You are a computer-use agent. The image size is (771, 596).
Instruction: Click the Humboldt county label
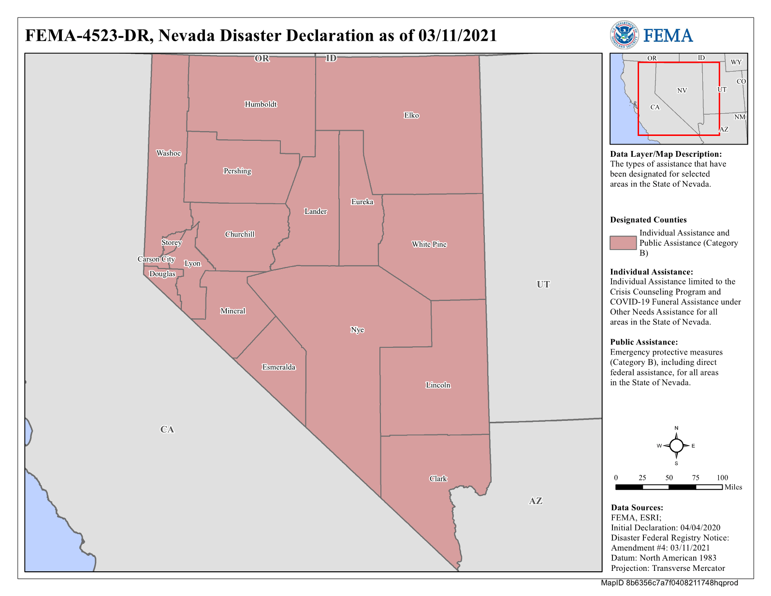pyautogui.click(x=261, y=104)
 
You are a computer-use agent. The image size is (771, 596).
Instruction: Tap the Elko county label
pyautogui.click(x=411, y=115)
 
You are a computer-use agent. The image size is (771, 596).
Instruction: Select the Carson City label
pyautogui.click(x=156, y=259)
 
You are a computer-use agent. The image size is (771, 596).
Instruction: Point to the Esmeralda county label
pyautogui.click(x=278, y=367)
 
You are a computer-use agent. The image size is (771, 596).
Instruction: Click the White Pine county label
pyautogui.click(x=429, y=244)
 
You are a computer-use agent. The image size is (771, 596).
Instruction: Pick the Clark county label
pyautogui.click(x=438, y=478)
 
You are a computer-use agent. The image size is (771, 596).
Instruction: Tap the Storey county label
pyautogui.click(x=172, y=242)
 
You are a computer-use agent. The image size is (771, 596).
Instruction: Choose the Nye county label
pyautogui.click(x=357, y=330)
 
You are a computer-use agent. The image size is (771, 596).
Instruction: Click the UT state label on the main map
pyautogui.click(x=543, y=284)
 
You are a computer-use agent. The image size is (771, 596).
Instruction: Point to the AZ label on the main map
pyautogui.click(x=536, y=501)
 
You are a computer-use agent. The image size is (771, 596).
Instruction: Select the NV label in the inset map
pyautogui.click(x=682, y=90)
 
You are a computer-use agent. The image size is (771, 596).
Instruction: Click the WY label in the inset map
pyautogui.click(x=736, y=62)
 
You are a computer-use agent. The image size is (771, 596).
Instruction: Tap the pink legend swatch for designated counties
pyautogui.click(x=623, y=243)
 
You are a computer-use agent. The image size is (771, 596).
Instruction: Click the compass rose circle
pyautogui.click(x=676, y=446)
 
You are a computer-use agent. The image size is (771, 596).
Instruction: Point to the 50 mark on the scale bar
pyautogui.click(x=669, y=478)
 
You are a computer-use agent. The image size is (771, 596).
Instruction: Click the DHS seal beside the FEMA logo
pyautogui.click(x=624, y=35)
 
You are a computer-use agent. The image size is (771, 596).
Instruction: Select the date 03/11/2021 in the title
pyautogui.click(x=458, y=36)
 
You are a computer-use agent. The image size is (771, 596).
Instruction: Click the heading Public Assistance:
pyautogui.click(x=644, y=342)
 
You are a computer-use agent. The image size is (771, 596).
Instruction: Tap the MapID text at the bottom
pyautogui.click(x=669, y=583)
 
